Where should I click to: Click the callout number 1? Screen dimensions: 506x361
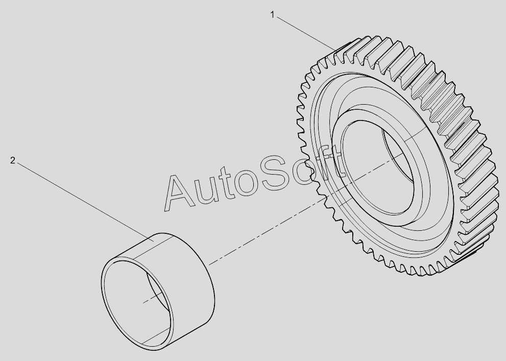click(x=272, y=15)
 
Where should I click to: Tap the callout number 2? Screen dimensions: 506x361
click(x=13, y=160)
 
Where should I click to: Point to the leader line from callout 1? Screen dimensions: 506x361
click(x=306, y=34)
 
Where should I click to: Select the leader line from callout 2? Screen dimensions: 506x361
click(x=85, y=202)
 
